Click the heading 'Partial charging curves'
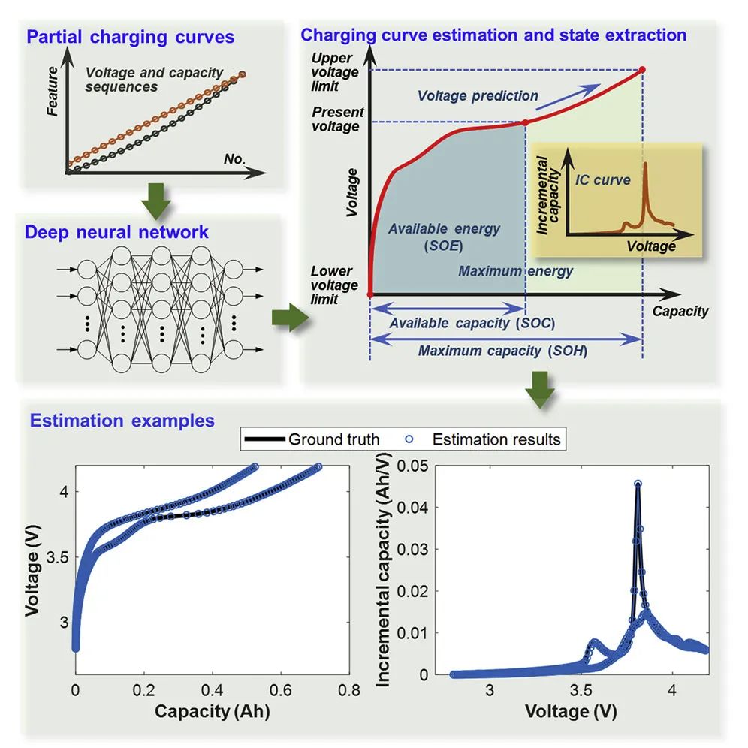(x=131, y=37)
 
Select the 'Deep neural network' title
(x=116, y=232)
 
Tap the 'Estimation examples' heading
(x=122, y=421)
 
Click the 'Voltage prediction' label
(x=478, y=96)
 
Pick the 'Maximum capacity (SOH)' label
(x=502, y=351)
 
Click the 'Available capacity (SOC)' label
(x=473, y=323)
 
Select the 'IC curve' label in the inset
(x=602, y=180)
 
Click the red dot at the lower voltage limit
(x=369, y=294)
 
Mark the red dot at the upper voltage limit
(x=642, y=70)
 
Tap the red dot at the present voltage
(x=524, y=122)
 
